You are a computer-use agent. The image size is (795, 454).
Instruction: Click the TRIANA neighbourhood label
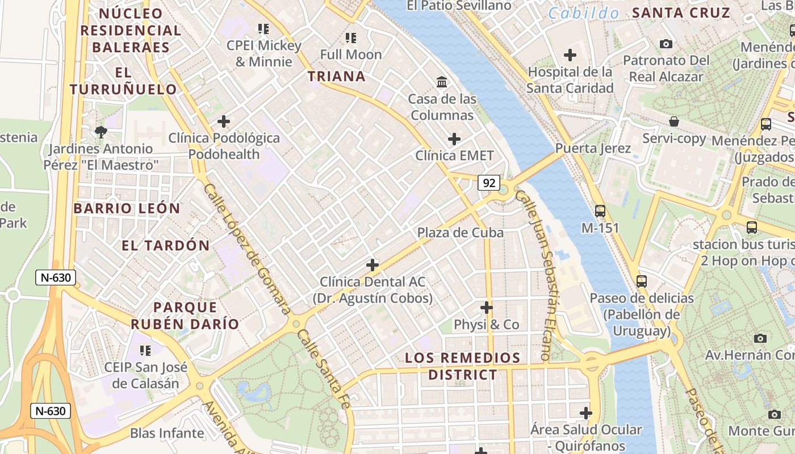tap(336, 76)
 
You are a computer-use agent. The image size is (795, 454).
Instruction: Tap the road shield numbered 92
tap(488, 183)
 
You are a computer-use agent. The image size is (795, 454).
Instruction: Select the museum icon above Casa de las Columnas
tap(442, 82)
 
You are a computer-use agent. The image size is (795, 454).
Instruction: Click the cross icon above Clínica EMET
tap(454, 139)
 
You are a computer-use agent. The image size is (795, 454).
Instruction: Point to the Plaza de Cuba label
tap(460, 233)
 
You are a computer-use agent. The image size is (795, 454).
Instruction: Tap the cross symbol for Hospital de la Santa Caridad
tap(570, 55)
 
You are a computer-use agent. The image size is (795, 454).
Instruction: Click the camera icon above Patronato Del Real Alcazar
tap(666, 44)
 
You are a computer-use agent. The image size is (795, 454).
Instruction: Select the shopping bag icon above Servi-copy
tap(674, 121)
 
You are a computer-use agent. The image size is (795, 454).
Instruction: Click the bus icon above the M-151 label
tap(600, 211)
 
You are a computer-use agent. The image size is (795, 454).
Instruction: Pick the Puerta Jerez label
tap(593, 149)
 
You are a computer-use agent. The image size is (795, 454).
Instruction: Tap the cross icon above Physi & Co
tap(486, 308)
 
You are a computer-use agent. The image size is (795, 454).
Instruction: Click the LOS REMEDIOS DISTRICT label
tap(463, 366)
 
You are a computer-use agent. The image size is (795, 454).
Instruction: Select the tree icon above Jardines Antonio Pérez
tap(101, 132)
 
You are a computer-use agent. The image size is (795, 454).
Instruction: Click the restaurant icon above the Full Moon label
tap(351, 38)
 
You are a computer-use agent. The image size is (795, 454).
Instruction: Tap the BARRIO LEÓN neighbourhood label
tap(127, 208)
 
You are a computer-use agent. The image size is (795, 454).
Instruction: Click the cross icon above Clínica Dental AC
tap(373, 265)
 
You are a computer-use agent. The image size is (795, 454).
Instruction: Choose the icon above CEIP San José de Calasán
tap(145, 351)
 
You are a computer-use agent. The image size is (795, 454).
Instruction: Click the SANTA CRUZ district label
tap(680, 12)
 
